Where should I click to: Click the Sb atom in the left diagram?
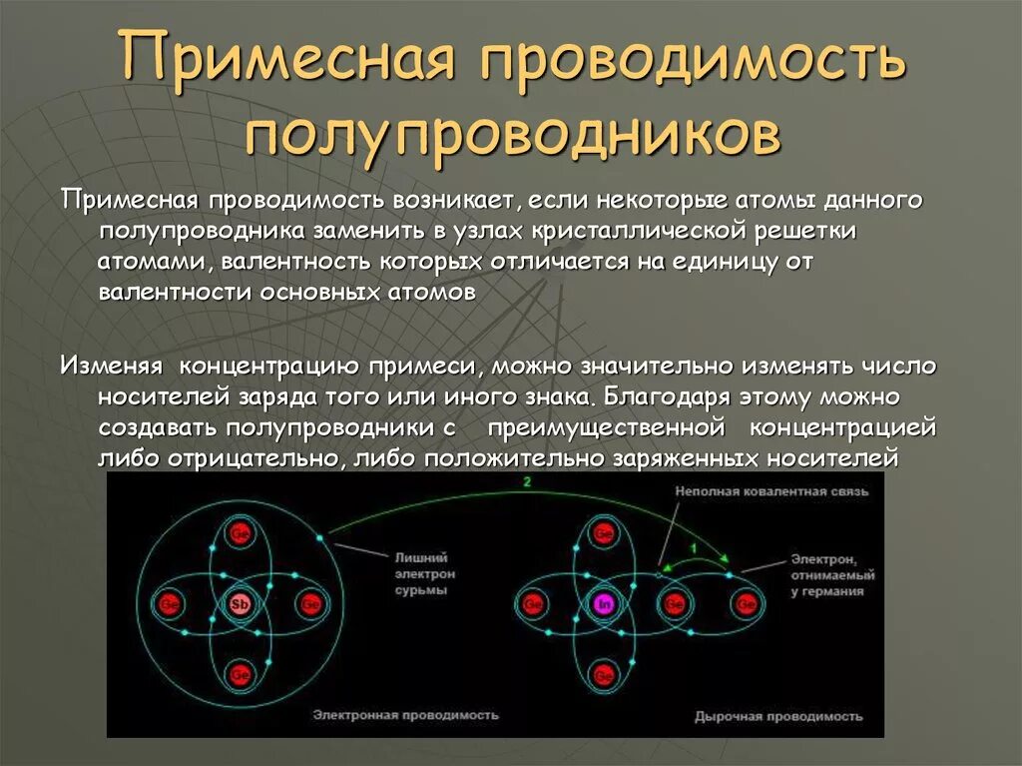coord(240,604)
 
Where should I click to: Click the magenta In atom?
coord(603,604)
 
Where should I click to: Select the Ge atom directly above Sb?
coord(240,533)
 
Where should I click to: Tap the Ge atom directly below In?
coord(603,674)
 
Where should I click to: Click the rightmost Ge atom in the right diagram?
coord(745,604)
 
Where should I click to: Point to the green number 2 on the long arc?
coord(526,482)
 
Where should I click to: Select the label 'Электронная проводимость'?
coord(404,715)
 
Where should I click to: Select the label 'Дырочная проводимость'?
coord(778,716)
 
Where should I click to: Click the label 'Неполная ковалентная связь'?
coord(771,491)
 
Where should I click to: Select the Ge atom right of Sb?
coord(310,604)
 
